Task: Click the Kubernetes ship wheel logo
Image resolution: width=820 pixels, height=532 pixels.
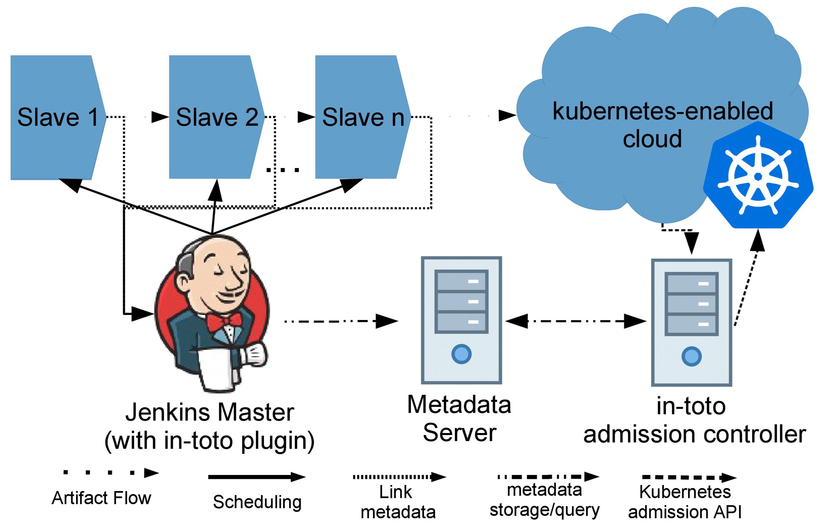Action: pos(758,176)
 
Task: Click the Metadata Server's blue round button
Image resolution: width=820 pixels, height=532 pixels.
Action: pos(461,354)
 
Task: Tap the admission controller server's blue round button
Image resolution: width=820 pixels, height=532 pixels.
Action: pos(691,356)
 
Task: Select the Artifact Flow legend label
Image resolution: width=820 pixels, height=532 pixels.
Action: pos(101,498)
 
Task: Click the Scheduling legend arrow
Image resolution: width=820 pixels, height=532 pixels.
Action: pos(257,477)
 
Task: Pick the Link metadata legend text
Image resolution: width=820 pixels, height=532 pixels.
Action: pos(398,502)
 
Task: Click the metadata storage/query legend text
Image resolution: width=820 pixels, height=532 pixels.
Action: pos(544,499)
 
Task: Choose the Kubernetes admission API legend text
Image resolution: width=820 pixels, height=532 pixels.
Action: pos(684,502)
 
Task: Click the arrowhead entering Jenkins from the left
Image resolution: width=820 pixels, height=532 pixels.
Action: pos(142,314)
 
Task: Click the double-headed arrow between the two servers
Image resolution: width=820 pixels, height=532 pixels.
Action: pos(575,321)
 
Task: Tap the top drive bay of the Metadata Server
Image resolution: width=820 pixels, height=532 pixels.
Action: pos(461,281)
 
